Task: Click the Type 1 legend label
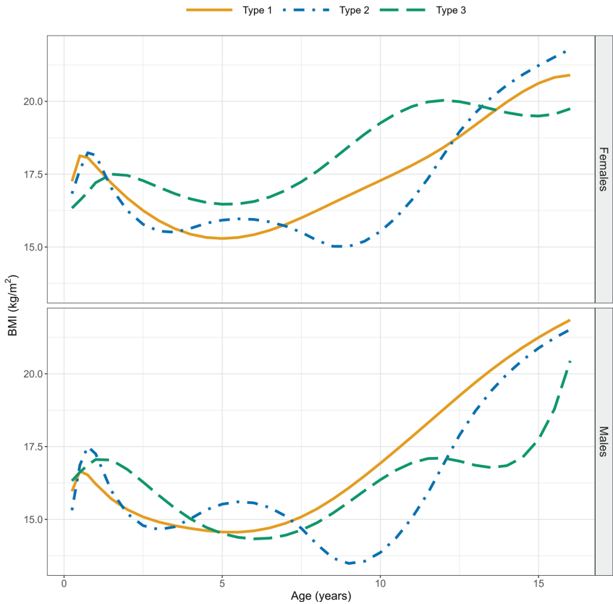click(257, 10)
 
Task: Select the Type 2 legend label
click(355, 10)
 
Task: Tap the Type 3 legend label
click(451, 10)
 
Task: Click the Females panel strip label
click(602, 169)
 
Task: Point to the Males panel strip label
click(602, 442)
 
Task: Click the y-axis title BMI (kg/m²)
click(12, 305)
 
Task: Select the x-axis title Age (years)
click(321, 596)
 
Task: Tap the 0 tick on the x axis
click(64, 583)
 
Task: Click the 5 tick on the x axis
click(222, 583)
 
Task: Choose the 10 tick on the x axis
click(380, 583)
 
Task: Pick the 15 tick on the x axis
click(538, 583)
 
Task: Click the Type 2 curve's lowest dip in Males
click(350, 563)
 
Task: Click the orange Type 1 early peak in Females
click(80, 156)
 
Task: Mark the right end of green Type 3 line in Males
click(570, 361)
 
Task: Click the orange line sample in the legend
click(209, 10)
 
